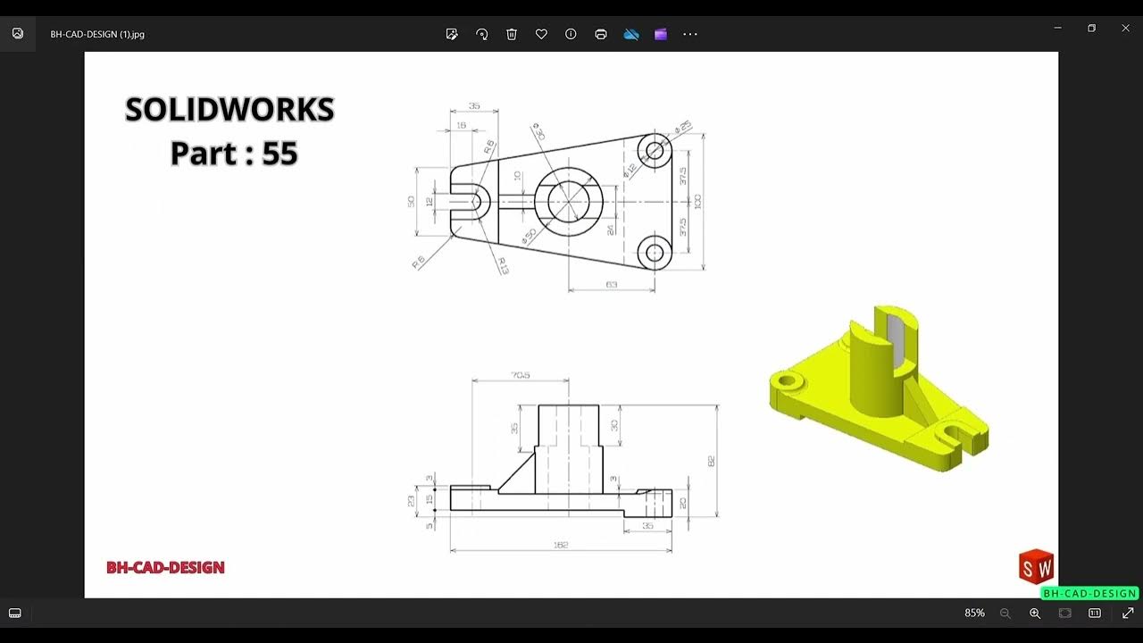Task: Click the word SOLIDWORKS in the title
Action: (x=229, y=110)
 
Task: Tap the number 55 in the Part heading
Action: (x=279, y=154)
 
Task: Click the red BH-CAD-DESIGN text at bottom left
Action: (x=165, y=567)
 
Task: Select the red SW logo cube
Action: (x=1036, y=567)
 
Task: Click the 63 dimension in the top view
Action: (x=612, y=285)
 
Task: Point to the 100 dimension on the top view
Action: (x=697, y=201)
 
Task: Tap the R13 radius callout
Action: (x=503, y=265)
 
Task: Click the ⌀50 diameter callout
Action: (x=529, y=237)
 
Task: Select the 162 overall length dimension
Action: (x=561, y=545)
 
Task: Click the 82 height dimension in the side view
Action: (x=711, y=461)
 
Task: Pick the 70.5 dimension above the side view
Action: (x=520, y=375)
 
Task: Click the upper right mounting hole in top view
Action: (x=656, y=150)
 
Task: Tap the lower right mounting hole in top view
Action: (x=656, y=254)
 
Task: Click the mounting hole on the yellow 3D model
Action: (x=787, y=381)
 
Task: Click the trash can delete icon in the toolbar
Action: (x=512, y=34)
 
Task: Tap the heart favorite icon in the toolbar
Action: (x=541, y=34)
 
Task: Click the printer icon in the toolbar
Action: (x=601, y=34)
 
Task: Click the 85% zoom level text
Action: (x=974, y=614)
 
